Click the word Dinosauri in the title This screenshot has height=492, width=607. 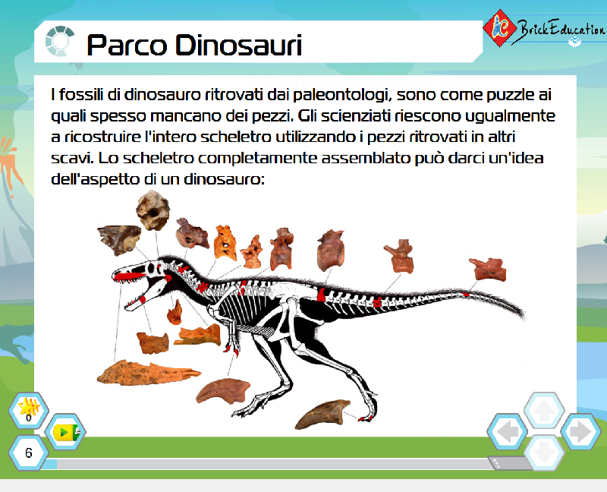(238, 46)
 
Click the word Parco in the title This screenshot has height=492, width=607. (127, 46)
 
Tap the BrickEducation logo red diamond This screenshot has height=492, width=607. (500, 28)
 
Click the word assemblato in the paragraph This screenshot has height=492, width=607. (365, 158)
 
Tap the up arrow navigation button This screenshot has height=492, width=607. (544, 411)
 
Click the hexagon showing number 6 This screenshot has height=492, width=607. (29, 453)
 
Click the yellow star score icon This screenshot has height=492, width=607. (29, 408)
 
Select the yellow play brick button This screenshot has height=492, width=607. (66, 431)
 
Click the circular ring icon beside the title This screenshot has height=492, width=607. (60, 41)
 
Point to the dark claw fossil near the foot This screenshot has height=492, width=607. (322, 415)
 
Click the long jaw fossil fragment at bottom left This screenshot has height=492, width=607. (148, 373)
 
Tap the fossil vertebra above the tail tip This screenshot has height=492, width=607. (488, 269)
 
